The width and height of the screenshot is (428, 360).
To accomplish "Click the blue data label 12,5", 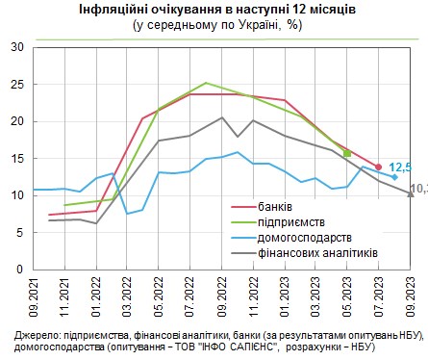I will pyautogui.click(x=400, y=167).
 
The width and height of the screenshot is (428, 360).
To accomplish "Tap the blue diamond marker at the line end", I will pyautogui.click(x=394, y=177).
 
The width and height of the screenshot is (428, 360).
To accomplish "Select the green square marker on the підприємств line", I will pyautogui.click(x=347, y=154).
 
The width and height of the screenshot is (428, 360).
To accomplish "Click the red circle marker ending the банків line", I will pyautogui.click(x=378, y=167).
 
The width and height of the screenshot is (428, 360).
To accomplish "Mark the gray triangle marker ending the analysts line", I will pyautogui.click(x=411, y=193).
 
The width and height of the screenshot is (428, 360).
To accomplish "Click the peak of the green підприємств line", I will pyautogui.click(x=206, y=83).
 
